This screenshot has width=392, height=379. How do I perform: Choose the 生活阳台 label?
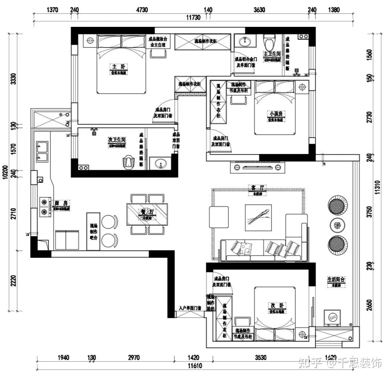pos(336,280)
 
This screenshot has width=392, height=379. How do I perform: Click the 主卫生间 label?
pos(272,54)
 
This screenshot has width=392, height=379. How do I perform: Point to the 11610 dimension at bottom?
pos(195,366)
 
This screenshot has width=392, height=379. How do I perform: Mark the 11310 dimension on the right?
pos(378,188)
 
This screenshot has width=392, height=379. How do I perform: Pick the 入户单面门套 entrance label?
pos(190,308)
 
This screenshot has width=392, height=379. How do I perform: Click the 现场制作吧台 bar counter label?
pos(93,232)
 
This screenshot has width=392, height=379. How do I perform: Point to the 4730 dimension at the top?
pos(142,10)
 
